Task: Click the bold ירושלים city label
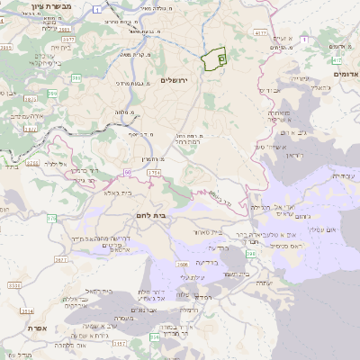point(179,80)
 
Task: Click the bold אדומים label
point(346,74)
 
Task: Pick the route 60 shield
point(128,170)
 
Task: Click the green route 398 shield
point(250,255)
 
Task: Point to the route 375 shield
point(52,218)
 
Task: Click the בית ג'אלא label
point(119,192)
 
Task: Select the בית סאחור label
point(209,232)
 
